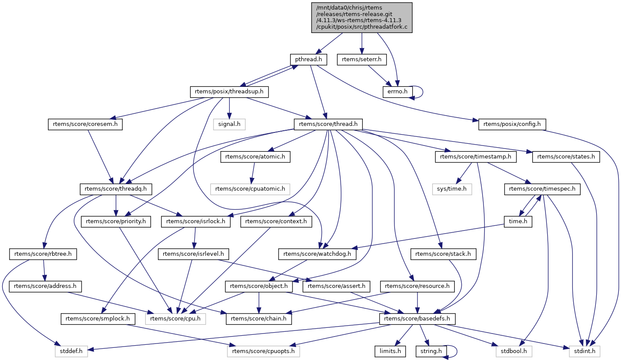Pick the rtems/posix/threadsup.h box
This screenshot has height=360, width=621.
click(229, 92)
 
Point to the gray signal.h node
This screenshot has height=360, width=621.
click(230, 124)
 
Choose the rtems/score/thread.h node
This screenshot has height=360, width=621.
click(329, 124)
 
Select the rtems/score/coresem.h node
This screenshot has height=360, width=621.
click(85, 124)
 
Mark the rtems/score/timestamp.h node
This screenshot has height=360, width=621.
click(476, 157)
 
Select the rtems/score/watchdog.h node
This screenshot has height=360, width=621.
click(317, 254)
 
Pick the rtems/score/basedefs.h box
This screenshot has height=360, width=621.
click(417, 319)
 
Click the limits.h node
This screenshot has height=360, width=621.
click(390, 351)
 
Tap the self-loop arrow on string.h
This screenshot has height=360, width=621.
click(454, 351)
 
